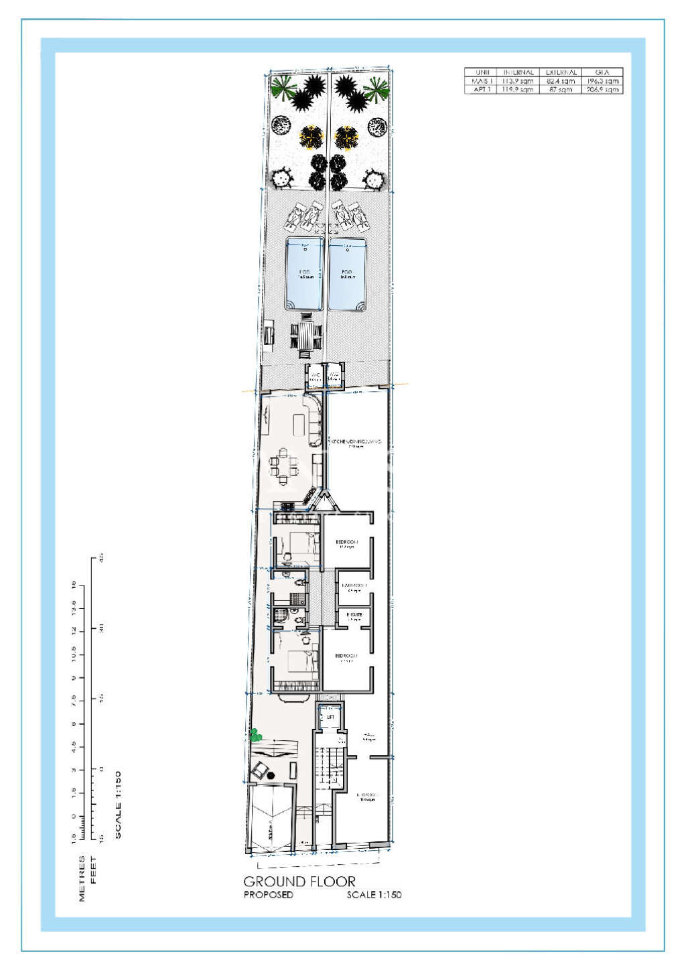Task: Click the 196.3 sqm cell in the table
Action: (602, 80)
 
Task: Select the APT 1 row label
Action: (482, 89)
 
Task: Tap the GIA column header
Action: (602, 72)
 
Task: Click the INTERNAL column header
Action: (519, 72)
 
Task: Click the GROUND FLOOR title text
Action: (299, 882)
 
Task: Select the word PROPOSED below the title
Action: (268, 895)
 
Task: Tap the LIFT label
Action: (330, 717)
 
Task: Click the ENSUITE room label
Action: (354, 614)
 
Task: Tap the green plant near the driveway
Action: (255, 735)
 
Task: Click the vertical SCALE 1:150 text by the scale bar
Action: (118, 805)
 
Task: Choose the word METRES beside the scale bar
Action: (82, 878)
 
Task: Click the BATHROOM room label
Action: (354, 586)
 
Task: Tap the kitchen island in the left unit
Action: (299, 423)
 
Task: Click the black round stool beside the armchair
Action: (271, 776)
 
